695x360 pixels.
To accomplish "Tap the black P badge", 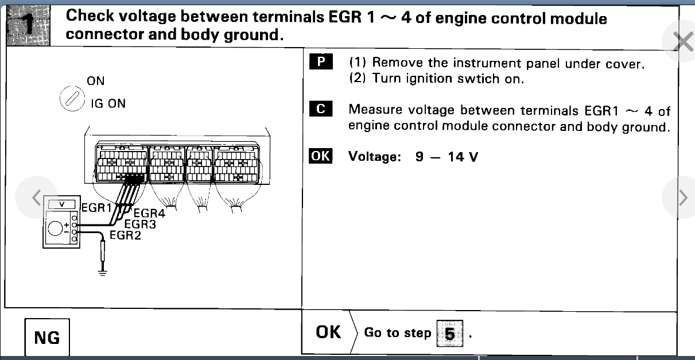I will (x=320, y=62).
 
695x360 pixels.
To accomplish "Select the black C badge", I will (x=320, y=109).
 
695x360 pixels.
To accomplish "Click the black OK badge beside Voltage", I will (x=320, y=156).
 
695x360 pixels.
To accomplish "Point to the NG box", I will (x=47, y=338).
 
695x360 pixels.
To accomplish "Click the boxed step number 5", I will (x=449, y=334).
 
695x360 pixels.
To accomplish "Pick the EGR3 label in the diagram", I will (x=140, y=224).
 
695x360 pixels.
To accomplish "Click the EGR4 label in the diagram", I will (x=149, y=214).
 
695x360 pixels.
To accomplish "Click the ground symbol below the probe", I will (x=103, y=271).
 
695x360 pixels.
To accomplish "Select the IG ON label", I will (x=108, y=104).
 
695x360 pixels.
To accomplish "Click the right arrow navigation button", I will (x=682, y=198).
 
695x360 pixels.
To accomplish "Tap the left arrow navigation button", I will (x=36, y=197).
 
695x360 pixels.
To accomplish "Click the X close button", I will (x=682, y=42).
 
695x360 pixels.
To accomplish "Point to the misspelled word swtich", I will (x=476, y=79).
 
